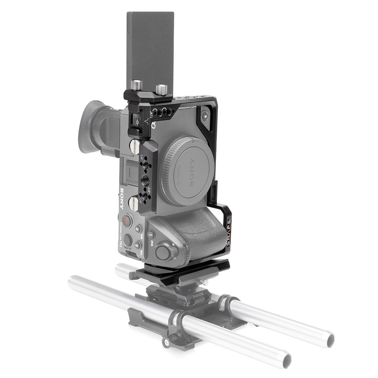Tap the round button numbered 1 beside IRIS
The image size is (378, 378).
(x=151, y=234)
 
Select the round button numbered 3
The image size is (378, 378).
(x=137, y=245)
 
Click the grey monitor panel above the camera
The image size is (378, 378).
(x=150, y=49)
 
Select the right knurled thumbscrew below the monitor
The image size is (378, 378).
(x=162, y=89)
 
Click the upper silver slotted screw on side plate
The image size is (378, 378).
(x=135, y=146)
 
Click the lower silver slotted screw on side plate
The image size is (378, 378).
(x=134, y=204)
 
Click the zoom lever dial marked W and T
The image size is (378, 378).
(x=164, y=252)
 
